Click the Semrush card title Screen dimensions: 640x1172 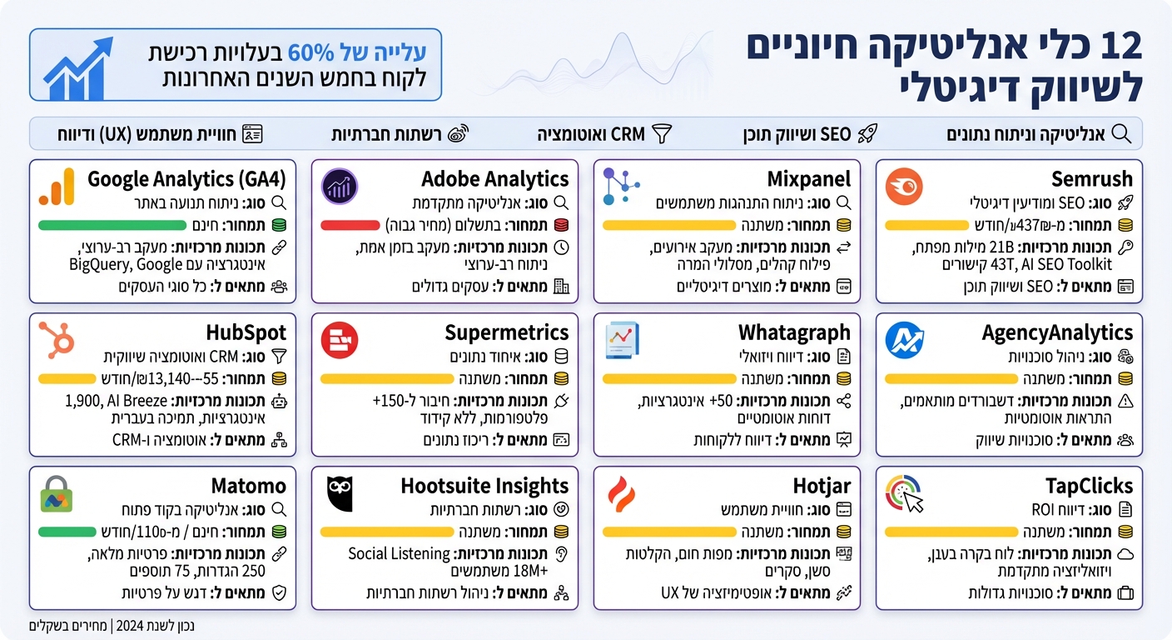pos(1092,178)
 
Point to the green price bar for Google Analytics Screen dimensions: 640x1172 pos(112,225)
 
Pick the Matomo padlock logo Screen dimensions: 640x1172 pos(57,494)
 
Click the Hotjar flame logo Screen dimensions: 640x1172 pos(621,494)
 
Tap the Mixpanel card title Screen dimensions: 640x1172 pos(809,178)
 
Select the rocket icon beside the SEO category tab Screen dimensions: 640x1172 pos(867,133)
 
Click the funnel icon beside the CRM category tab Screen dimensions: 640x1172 pos(661,133)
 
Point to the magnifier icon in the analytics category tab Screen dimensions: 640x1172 pos(1121,133)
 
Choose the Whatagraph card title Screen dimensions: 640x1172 pos(794,332)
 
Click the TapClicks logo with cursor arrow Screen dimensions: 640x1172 pos(904,494)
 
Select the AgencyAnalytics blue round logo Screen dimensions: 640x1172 pos(904,340)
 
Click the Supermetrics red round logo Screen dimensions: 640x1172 pos(340,340)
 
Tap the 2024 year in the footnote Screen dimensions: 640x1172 pos(128,625)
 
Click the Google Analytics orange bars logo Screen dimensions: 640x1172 pos(57,187)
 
